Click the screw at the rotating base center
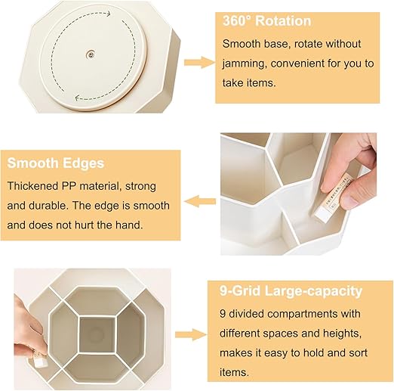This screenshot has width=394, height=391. pyautogui.click(x=90, y=54)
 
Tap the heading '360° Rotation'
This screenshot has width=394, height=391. pyautogui.click(x=267, y=21)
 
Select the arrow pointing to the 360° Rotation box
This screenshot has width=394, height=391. pyautogui.click(x=199, y=62)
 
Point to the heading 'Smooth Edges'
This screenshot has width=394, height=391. pyautogui.click(x=56, y=163)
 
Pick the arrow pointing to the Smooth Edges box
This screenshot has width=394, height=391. pyautogui.click(x=200, y=201)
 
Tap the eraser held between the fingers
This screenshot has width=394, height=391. pyautogui.click(x=332, y=197)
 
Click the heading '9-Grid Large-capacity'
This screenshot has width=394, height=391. pyautogui.click(x=291, y=291)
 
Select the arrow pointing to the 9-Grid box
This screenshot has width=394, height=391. pyautogui.click(x=191, y=335)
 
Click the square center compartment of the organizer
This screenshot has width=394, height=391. pyautogui.click(x=97, y=334)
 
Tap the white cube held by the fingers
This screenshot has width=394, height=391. pyautogui.click(x=41, y=362)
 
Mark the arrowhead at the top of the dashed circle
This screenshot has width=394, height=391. pyautogui.click(x=108, y=14)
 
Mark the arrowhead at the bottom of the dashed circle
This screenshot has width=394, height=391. pyautogui.click(x=78, y=98)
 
